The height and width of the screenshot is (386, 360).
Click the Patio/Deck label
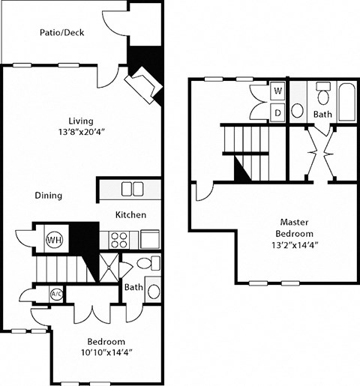click(62, 32)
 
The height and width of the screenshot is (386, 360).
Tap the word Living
click(80, 119)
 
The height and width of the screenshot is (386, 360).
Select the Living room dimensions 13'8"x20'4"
click(80, 132)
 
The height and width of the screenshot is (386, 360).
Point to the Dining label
click(48, 196)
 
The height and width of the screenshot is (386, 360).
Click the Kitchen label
click(130, 215)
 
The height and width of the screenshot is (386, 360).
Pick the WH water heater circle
click(54, 240)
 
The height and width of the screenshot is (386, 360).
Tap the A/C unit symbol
click(55, 293)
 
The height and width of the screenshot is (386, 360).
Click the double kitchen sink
click(133, 188)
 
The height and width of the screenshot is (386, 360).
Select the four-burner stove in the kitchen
click(119, 239)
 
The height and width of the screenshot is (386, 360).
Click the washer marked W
click(277, 91)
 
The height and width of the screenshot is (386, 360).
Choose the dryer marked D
click(277, 112)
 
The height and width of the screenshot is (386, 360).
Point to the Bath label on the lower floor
click(133, 287)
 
